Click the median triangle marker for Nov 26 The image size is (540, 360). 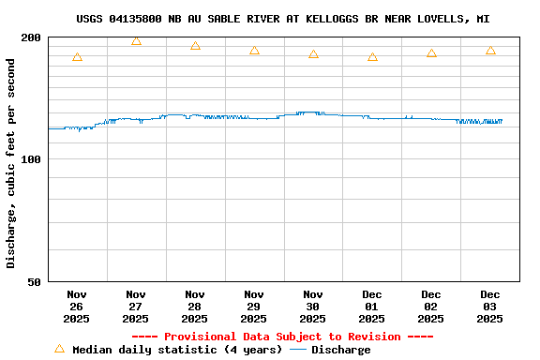coord(77,57)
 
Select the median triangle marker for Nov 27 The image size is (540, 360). coord(136,40)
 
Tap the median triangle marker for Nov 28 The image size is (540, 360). coord(195,45)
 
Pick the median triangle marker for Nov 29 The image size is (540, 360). coord(254,50)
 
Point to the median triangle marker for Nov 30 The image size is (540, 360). coord(313,54)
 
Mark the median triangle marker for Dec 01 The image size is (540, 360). coord(372,57)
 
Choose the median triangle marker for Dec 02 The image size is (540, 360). coord(431,53)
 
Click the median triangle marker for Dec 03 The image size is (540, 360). coord(490,50)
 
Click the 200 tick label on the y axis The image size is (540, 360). coord(31,37)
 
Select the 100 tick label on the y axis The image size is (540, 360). coord(31,159)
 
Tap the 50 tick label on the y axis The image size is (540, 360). coord(35,281)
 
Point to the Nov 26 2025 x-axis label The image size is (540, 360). coord(77,307)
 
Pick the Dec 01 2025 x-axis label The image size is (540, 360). coord(372,307)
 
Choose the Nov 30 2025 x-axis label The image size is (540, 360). coord(313,307)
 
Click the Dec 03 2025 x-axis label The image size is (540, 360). coord(490,307)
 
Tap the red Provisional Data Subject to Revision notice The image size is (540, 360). coord(282,337)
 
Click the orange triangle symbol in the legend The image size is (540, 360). coord(59,349)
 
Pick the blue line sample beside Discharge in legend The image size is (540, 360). coord(298,350)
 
